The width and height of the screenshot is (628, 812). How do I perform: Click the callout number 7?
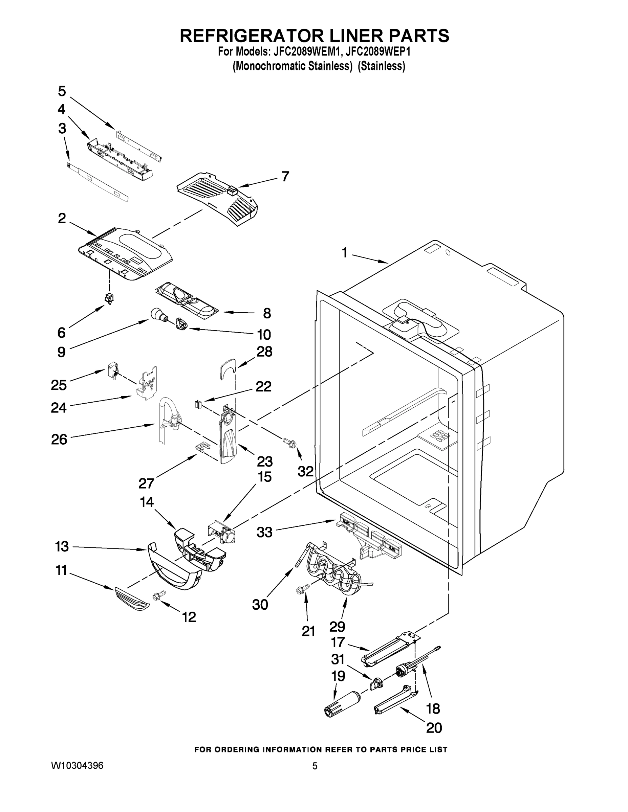point(285,176)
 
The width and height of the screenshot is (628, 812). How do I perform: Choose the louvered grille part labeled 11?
point(132,597)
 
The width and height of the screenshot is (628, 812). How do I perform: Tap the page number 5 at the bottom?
point(315,766)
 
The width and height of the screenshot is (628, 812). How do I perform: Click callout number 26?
point(59,439)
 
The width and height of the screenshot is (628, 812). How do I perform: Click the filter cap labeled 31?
point(376,683)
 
